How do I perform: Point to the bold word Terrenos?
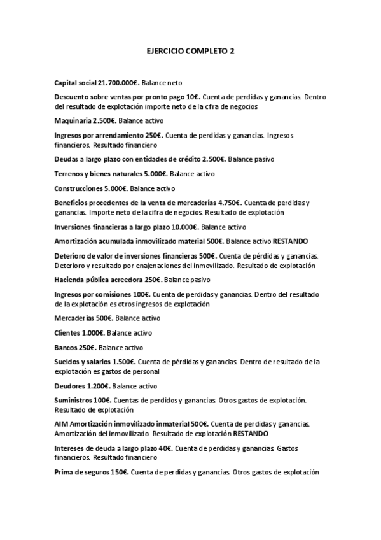[70, 173]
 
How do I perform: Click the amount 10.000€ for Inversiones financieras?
[184, 227]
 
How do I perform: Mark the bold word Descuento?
[74, 97]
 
